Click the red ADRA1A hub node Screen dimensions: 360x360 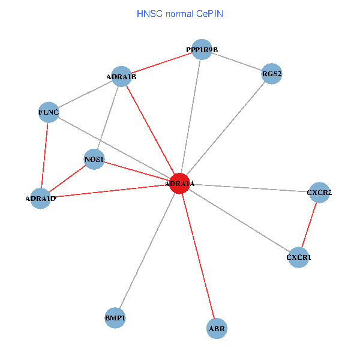tap(179, 183)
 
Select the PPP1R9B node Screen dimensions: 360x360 tap(202, 49)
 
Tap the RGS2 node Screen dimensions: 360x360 tap(272, 74)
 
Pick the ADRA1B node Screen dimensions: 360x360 tap(121, 76)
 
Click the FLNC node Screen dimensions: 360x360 tap(49, 112)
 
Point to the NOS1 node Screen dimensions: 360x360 tap(94, 159)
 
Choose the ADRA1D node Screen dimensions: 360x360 tap(40, 198)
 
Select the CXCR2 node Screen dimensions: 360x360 tap(319, 193)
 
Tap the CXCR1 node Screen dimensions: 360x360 tap(299, 257)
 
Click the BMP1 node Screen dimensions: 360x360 tap(115, 317)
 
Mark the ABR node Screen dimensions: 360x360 tap(217, 328)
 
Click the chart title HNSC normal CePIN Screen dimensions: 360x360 tap(180, 13)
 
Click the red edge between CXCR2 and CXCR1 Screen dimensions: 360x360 tap(309, 225)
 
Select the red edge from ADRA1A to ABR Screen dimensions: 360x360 tap(198, 256)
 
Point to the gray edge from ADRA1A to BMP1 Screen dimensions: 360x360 tap(147, 250)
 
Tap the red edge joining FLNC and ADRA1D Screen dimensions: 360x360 tap(44, 155)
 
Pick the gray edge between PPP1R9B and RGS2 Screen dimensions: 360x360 tap(237, 62)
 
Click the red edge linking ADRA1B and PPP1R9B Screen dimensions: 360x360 tap(161, 63)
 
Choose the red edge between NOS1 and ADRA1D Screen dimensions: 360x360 tap(67, 179)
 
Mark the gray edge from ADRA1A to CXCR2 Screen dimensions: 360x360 tap(249, 188)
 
